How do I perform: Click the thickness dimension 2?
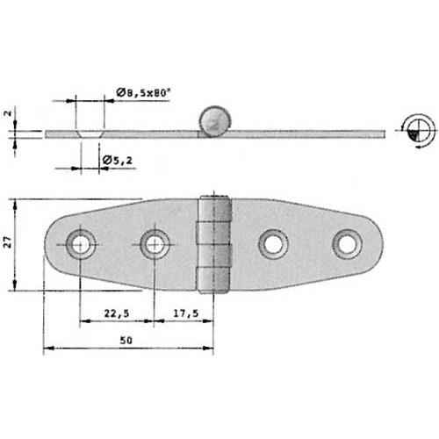pos(7,114)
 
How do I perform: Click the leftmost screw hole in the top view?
pos(82,243)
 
